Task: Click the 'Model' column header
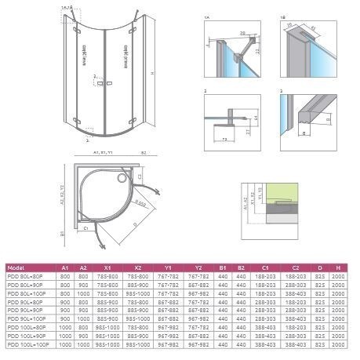(x=18, y=267)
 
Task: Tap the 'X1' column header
(x=106, y=267)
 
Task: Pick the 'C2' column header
(x=291, y=267)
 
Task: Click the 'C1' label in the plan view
(x=84, y=227)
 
